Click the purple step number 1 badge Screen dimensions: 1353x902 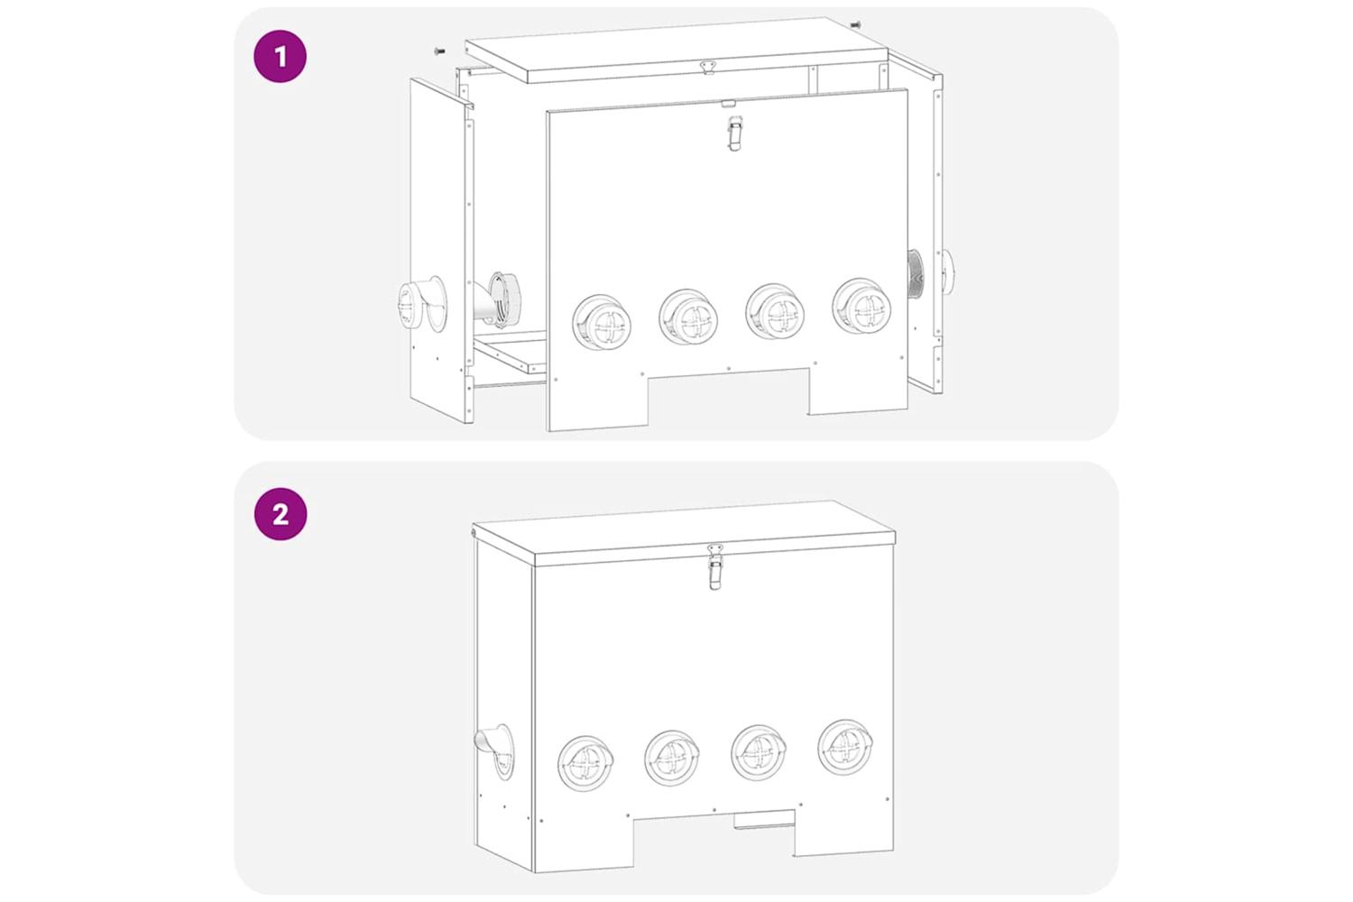click(x=281, y=56)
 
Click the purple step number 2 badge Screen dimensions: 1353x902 click(x=281, y=513)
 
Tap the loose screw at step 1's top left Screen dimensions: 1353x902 click(x=440, y=51)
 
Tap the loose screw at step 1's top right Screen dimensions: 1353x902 click(x=855, y=24)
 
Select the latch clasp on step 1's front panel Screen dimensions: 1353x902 click(x=734, y=133)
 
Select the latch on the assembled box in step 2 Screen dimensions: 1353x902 click(x=715, y=566)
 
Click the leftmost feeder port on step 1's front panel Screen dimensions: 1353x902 click(x=603, y=323)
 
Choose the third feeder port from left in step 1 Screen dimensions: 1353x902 click(x=775, y=312)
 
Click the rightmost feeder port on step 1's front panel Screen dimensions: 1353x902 click(x=861, y=307)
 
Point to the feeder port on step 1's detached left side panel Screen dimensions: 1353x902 click(x=422, y=304)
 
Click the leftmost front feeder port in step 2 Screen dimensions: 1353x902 click(x=586, y=762)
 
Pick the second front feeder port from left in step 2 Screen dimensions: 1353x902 click(x=672, y=757)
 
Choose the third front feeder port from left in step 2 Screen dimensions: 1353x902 click(x=759, y=752)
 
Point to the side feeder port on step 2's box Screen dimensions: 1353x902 click(x=495, y=751)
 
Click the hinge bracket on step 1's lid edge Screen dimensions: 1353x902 click(x=708, y=67)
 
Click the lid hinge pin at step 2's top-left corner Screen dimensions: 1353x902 click(x=473, y=533)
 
